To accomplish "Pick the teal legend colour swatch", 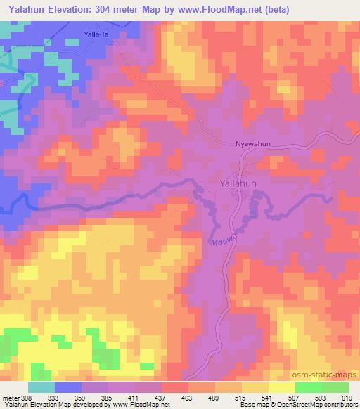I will [x=41, y=387].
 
